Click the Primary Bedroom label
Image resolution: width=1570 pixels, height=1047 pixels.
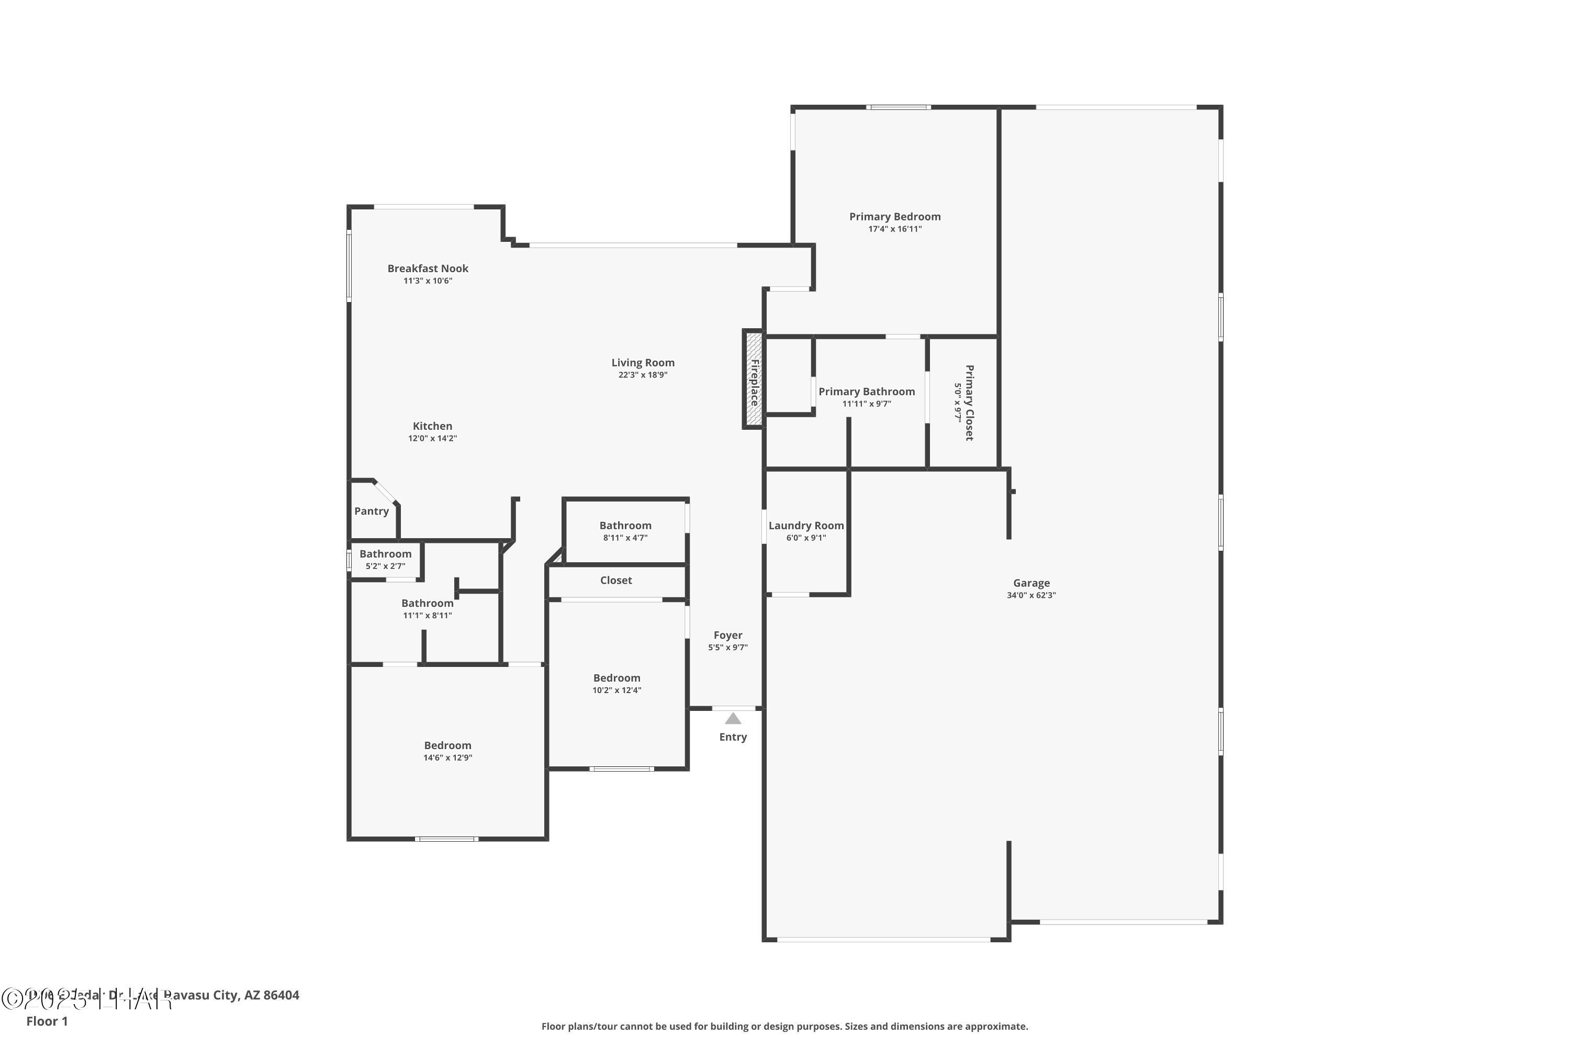894,216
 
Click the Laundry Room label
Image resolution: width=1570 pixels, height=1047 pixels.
806,526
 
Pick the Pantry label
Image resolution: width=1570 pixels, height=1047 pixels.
371,511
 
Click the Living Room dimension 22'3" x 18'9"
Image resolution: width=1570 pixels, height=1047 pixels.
642,375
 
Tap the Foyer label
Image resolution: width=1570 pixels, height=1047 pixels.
727,635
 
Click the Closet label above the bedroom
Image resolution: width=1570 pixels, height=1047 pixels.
615,580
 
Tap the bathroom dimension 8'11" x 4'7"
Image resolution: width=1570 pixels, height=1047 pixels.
625,538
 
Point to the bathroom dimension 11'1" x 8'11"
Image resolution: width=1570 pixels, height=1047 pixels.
427,615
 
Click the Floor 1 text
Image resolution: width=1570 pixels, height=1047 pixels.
47,1021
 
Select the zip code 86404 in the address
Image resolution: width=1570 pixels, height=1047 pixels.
281,995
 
